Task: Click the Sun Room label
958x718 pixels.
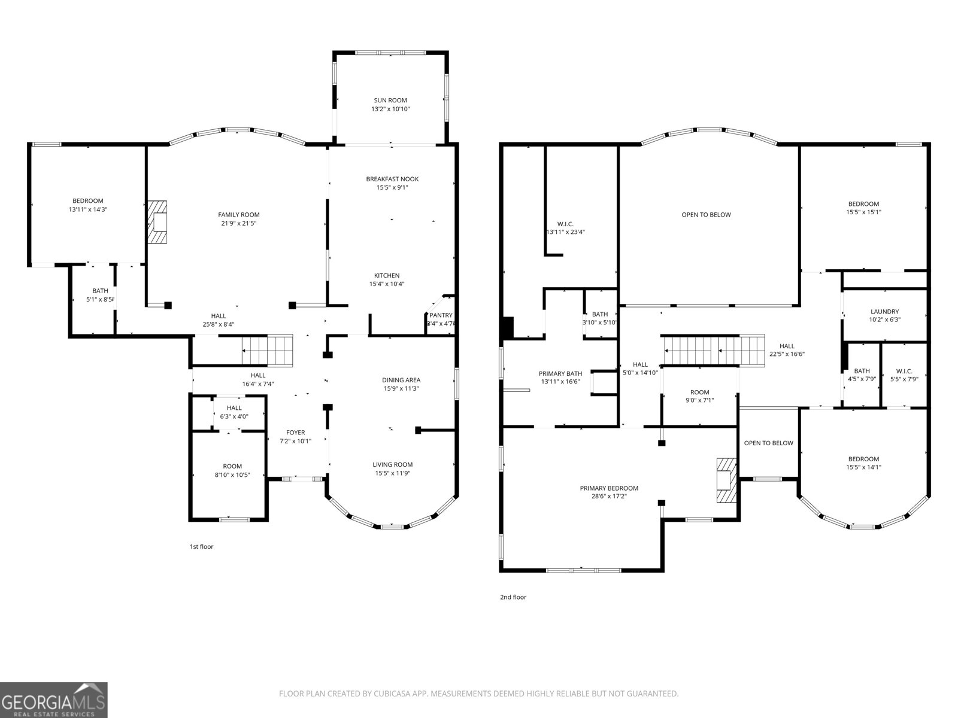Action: coord(390,101)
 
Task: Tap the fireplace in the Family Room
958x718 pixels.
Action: coord(158,222)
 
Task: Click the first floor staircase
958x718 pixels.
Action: coord(268,350)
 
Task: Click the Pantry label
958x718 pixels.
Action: coord(441,315)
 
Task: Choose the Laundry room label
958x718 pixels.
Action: coord(884,312)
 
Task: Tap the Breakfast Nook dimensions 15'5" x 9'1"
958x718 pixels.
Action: coord(392,187)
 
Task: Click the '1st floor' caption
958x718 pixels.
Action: coord(201,546)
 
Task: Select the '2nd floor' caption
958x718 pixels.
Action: coord(513,597)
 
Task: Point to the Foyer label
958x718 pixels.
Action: coord(295,433)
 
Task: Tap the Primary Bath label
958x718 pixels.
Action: coord(560,373)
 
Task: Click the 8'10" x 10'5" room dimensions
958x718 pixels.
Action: coord(232,474)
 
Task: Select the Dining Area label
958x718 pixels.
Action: coord(401,380)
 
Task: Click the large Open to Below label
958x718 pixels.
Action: coord(706,215)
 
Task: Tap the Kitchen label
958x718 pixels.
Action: coord(387,276)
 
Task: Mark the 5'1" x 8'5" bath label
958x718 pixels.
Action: coord(100,299)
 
